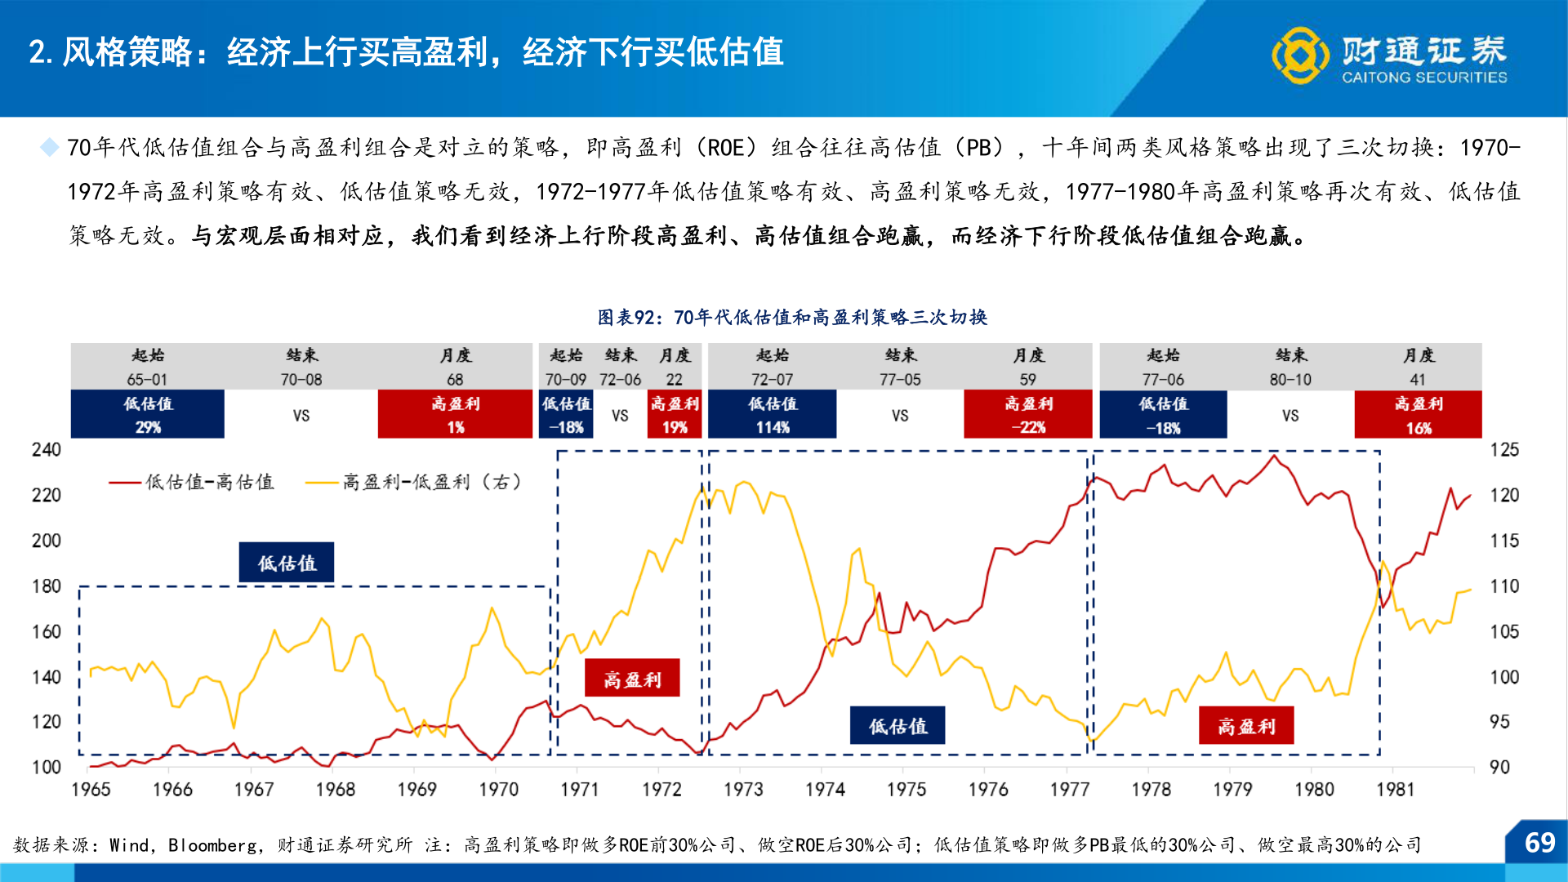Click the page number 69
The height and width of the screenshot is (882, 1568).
pyautogui.click(x=1539, y=843)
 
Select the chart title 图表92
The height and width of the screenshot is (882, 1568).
pyautogui.click(x=791, y=317)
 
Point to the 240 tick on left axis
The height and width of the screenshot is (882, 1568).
pyautogui.click(x=47, y=450)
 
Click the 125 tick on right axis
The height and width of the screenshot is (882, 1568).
pyautogui.click(x=1504, y=450)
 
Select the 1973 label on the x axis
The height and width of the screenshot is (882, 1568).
pyautogui.click(x=743, y=790)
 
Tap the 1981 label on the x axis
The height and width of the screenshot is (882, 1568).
pyautogui.click(x=1395, y=790)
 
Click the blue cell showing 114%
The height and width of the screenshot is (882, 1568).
pyautogui.click(x=772, y=415)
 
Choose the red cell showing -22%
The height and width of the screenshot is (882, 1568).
pyautogui.click(x=1027, y=415)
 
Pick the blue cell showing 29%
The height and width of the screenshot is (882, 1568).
pyautogui.click(x=148, y=415)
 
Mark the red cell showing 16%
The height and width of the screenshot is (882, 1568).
pyautogui.click(x=1418, y=415)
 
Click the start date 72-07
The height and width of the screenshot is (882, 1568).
pyautogui.click(x=772, y=380)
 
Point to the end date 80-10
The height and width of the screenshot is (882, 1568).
pyautogui.click(x=1290, y=380)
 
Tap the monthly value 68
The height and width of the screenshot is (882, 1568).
pyautogui.click(x=455, y=380)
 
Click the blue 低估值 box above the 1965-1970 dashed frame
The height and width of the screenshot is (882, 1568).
pyautogui.click(x=287, y=563)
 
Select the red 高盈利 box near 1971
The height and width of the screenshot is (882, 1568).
pyautogui.click(x=632, y=679)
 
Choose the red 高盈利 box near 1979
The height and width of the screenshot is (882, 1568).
pyautogui.click(x=1245, y=726)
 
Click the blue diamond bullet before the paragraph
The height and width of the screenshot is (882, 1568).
pyautogui.click(x=50, y=148)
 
